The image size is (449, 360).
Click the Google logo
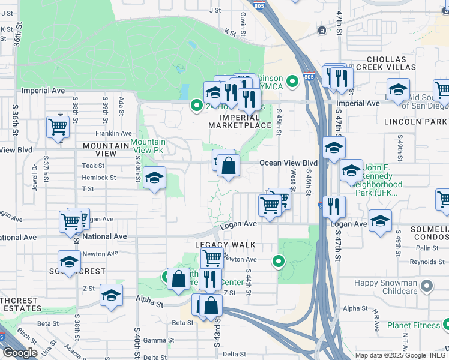20,353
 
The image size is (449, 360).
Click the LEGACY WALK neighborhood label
225,245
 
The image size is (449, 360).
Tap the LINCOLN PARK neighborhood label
416,121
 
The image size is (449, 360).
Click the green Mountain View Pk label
148,146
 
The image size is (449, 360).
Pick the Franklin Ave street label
113,133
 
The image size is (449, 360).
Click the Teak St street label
94,166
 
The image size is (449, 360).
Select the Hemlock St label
99,178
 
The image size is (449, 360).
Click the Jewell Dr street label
35,171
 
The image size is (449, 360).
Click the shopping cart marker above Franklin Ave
58,127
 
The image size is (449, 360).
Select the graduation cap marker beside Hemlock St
154,178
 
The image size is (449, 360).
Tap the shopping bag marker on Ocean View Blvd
228,166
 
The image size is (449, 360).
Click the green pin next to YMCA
292,80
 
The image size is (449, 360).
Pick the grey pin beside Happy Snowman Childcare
427,286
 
